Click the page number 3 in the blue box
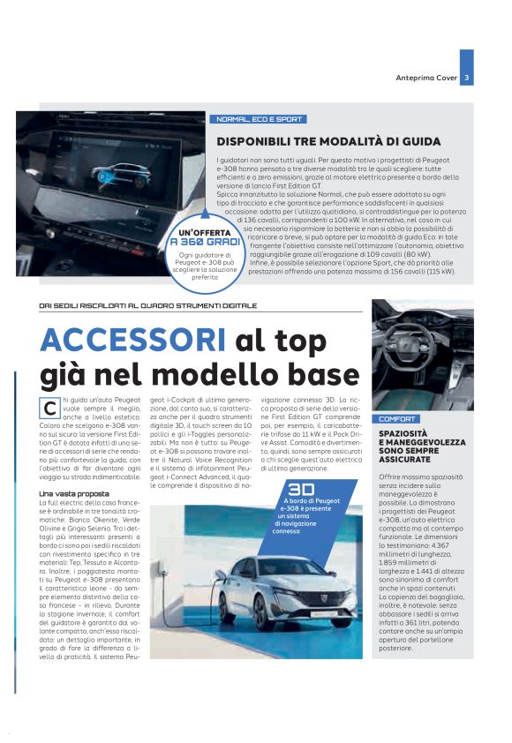tap(466, 78)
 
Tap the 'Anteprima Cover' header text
tap(426, 78)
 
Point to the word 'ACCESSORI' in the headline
tap(127, 341)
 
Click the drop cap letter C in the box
tap(49, 407)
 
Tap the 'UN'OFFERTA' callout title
tap(205, 231)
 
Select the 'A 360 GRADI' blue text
tap(205, 241)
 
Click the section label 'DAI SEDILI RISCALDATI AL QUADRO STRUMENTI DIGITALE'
tap(148, 305)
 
